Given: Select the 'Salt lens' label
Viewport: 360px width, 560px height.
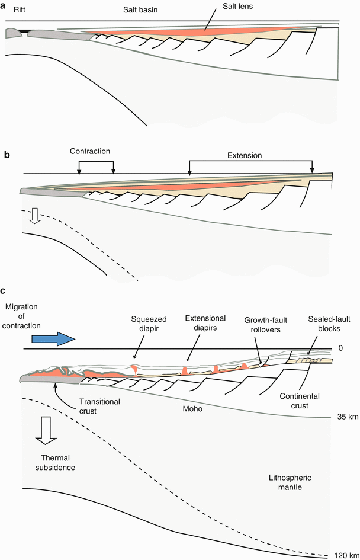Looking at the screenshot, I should point(234,8).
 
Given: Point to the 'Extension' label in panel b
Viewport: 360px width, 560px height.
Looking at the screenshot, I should point(245,156).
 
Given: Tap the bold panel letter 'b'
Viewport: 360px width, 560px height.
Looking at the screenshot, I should point(6,155).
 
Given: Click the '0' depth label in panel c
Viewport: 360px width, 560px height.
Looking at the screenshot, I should point(340,348).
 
